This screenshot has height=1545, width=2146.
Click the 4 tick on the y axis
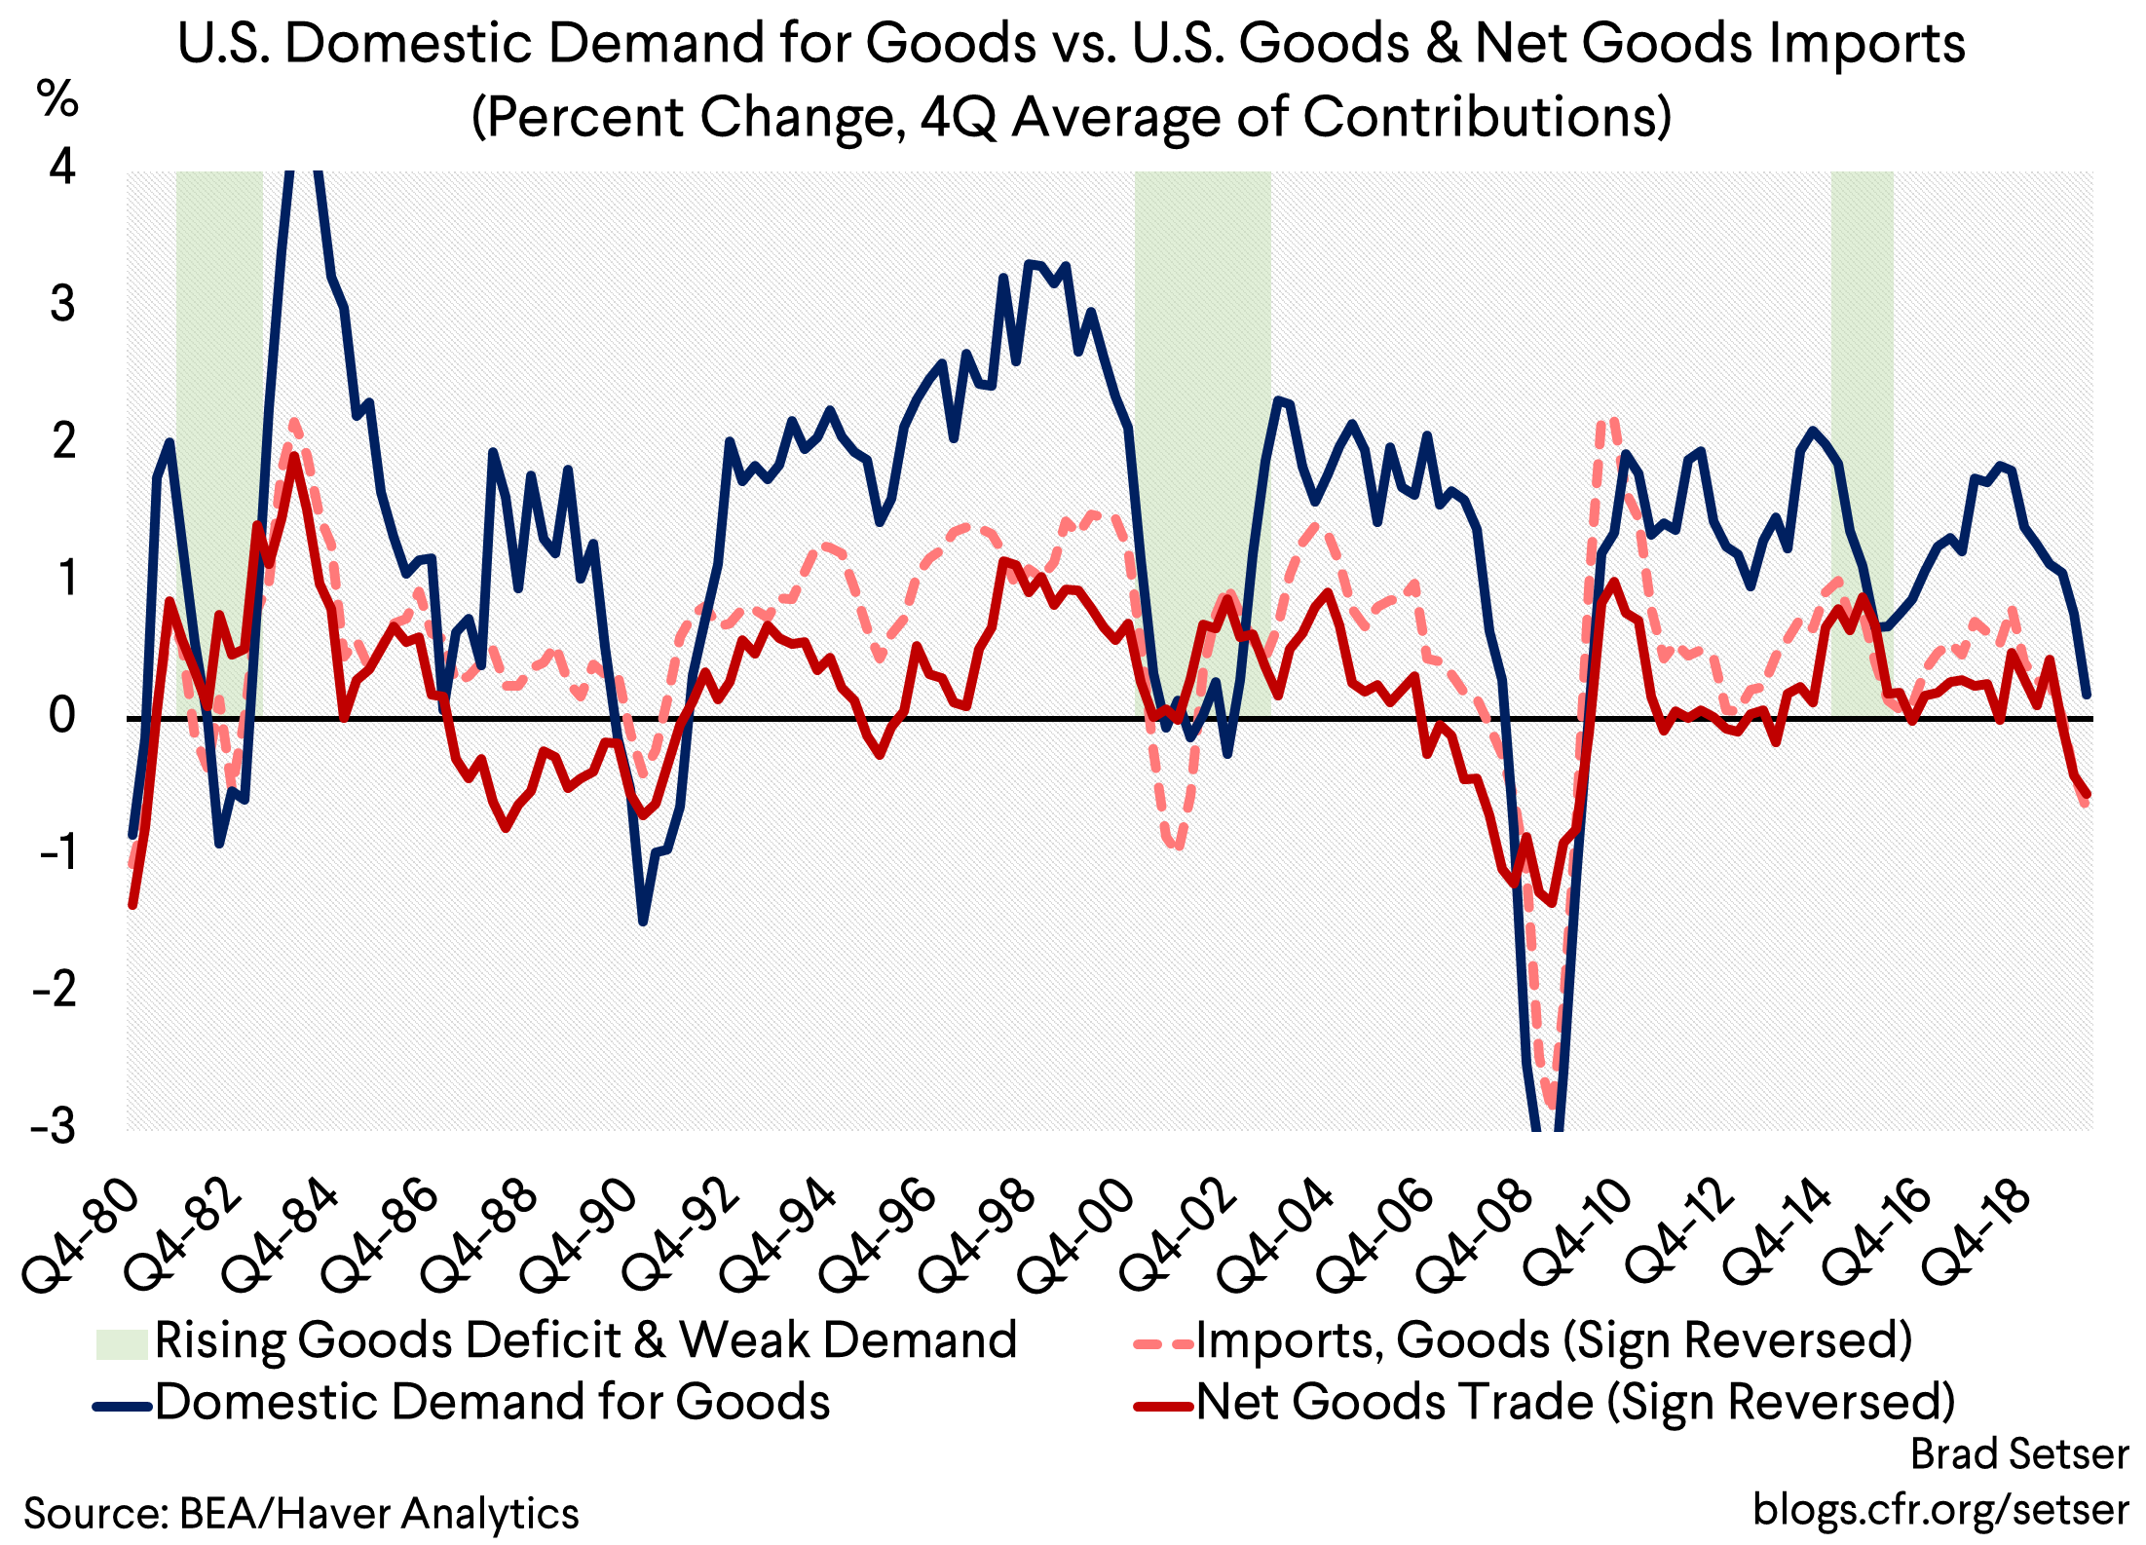coord(62,168)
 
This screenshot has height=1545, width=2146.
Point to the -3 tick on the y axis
coord(55,1126)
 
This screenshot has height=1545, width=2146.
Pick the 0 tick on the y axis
coord(62,716)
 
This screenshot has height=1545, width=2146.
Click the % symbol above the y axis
coord(57,99)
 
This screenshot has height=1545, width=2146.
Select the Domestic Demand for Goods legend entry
coord(492,1403)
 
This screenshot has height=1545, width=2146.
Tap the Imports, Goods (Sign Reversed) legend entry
coord(1553,1341)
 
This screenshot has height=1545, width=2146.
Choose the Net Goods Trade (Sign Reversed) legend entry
coord(1574,1403)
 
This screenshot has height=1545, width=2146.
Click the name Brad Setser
coord(2018,1454)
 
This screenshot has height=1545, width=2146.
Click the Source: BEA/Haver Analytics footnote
coord(301,1514)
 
